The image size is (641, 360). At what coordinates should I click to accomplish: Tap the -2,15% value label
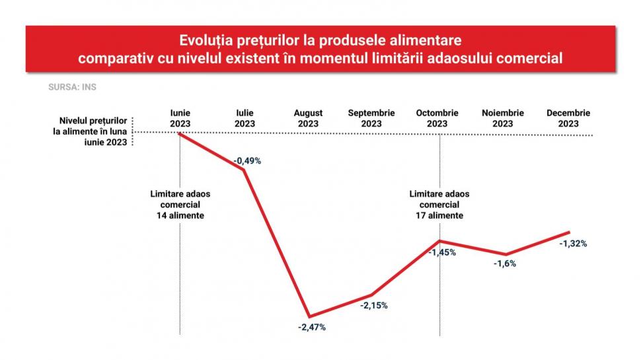pos(374,306)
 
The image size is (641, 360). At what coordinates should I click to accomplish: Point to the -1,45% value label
pos(442,252)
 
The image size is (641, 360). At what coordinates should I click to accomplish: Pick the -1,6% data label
pos(505,264)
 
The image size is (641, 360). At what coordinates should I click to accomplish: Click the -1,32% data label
pos(573,243)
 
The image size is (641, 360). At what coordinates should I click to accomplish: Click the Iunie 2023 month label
pos(180,118)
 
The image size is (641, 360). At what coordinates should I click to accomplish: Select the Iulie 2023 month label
pos(245,118)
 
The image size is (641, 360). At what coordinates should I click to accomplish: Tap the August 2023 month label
pos(308,118)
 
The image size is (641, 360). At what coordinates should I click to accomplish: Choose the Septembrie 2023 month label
pos(371,118)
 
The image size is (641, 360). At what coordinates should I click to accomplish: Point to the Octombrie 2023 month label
pos(437,118)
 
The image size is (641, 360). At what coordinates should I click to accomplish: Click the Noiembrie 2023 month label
pos(502,118)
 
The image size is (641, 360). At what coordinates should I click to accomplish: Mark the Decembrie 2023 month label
pos(568,118)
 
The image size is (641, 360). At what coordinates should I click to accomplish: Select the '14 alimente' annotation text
pos(180,215)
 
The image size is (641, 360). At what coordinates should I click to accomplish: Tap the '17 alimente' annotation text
pos(439,215)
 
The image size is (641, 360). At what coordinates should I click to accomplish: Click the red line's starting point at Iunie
pos(180,133)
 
